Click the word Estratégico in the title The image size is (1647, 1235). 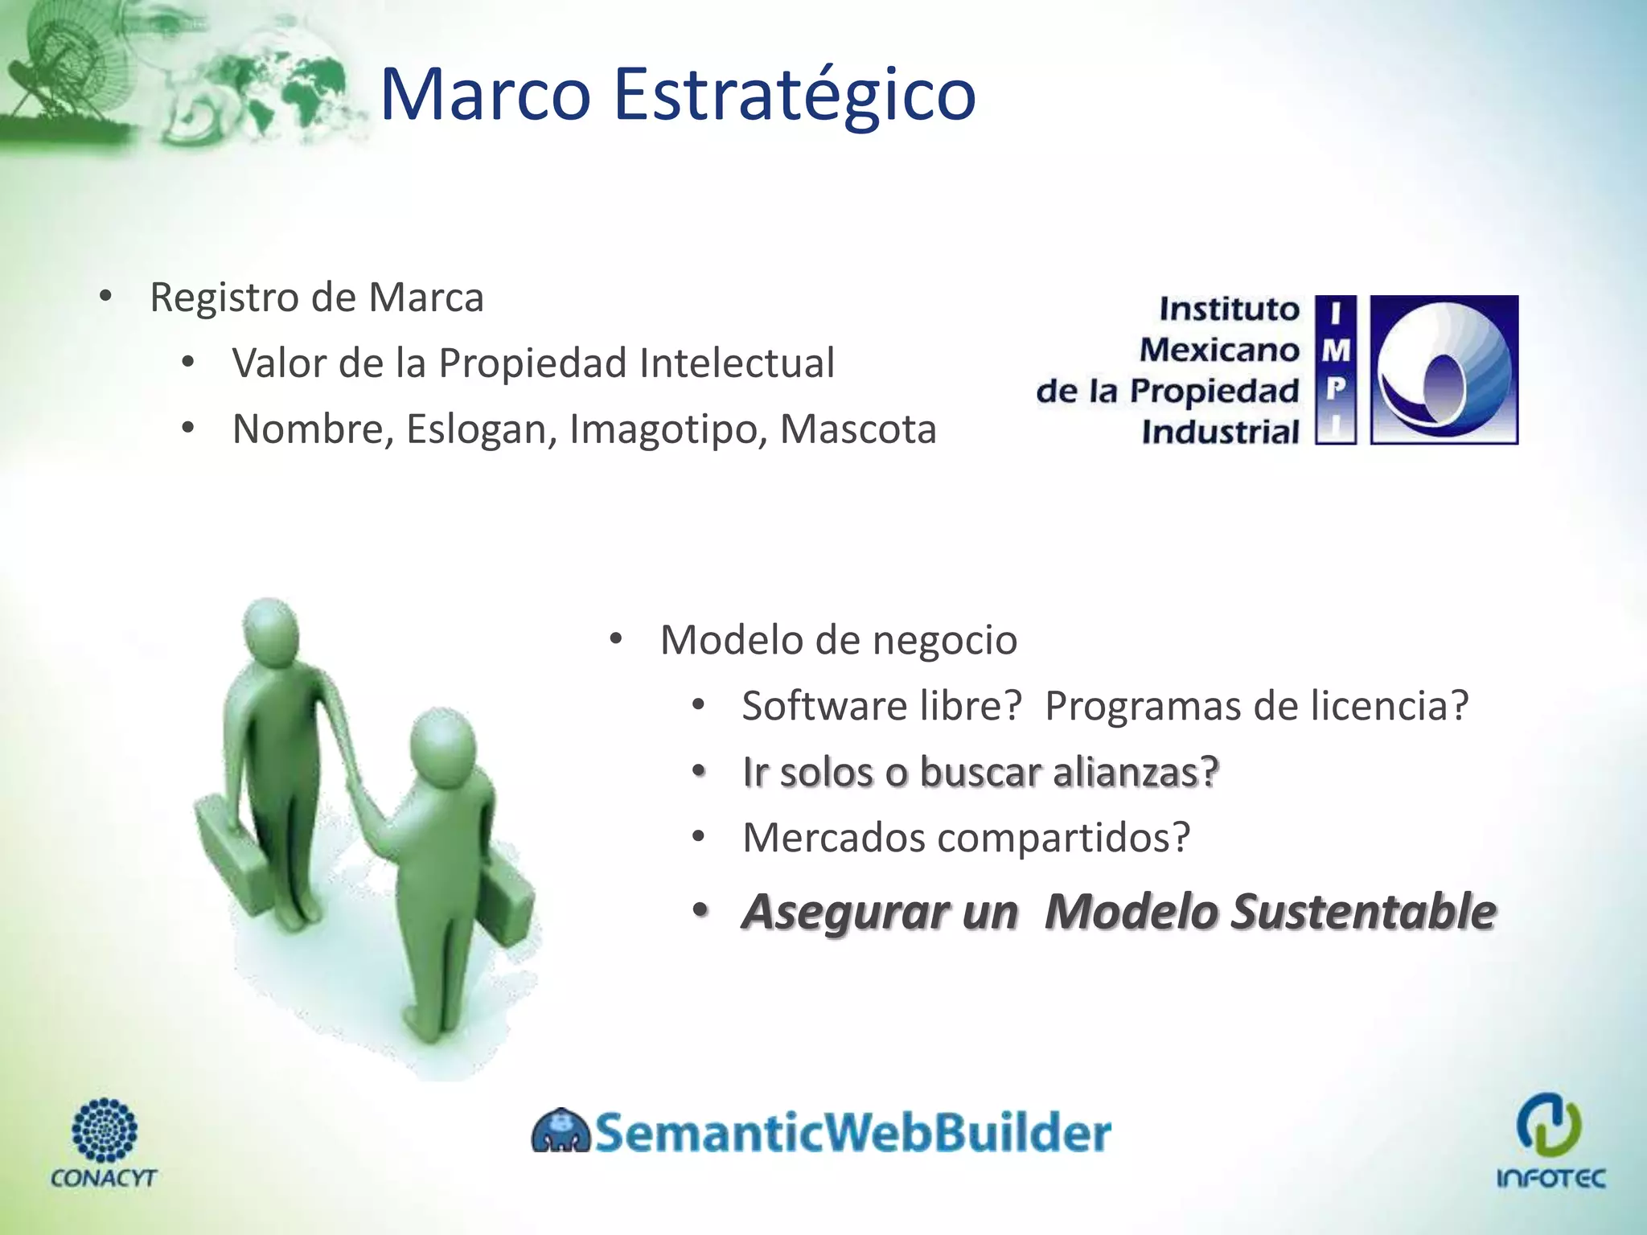[794, 95]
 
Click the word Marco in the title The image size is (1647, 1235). [485, 95]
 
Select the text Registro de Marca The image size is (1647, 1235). [317, 297]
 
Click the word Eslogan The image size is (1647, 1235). [481, 429]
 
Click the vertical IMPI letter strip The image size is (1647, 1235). [1335, 371]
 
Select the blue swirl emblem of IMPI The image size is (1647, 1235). [1444, 371]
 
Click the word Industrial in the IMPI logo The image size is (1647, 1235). [1220, 433]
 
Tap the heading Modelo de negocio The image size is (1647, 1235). [838, 641]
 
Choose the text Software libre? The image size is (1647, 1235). [881, 707]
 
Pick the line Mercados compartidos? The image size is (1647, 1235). [966, 839]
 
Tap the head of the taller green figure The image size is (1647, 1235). [271, 635]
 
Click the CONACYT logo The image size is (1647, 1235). [104, 1143]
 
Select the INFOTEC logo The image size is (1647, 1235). [1550, 1140]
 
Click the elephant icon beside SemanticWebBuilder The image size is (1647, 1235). [561, 1132]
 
